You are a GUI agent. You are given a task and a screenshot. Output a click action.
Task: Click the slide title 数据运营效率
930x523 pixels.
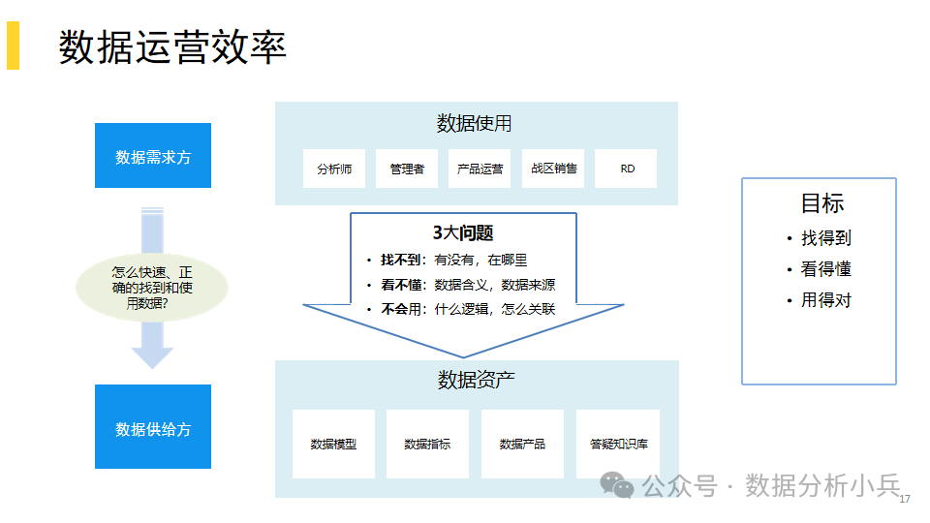172,46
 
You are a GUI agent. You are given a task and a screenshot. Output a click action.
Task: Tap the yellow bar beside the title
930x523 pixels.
13,46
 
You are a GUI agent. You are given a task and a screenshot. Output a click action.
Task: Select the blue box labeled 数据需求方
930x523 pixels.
153,155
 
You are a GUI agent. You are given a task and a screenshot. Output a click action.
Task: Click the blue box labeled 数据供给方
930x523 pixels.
153,427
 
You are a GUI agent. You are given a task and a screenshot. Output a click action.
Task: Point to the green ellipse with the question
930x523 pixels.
152,288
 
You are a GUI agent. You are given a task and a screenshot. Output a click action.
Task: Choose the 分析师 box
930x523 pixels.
334,169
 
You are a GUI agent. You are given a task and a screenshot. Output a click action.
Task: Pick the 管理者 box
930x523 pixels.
407,169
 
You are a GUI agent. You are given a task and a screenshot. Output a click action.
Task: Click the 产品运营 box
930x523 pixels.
480,169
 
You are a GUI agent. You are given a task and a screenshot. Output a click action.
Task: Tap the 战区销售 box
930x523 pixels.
553,169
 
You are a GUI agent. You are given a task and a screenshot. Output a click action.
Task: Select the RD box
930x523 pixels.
626,169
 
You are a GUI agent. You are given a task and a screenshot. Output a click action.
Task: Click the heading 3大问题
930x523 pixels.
463,233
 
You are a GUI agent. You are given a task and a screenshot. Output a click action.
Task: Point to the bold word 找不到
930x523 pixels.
400,260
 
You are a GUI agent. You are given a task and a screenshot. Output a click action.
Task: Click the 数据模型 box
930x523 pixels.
334,445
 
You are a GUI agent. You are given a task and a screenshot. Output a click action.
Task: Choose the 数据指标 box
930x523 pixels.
427,445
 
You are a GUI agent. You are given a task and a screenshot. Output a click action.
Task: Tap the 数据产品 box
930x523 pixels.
522,445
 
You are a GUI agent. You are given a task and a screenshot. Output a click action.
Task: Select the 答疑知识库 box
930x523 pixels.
618,445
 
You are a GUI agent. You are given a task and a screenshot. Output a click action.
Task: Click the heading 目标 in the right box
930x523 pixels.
822,203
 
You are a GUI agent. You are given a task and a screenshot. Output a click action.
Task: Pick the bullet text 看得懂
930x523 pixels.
826,269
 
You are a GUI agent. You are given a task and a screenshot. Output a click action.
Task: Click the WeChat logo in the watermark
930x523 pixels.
617,485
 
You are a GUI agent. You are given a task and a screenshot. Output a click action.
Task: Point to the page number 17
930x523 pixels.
905,500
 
